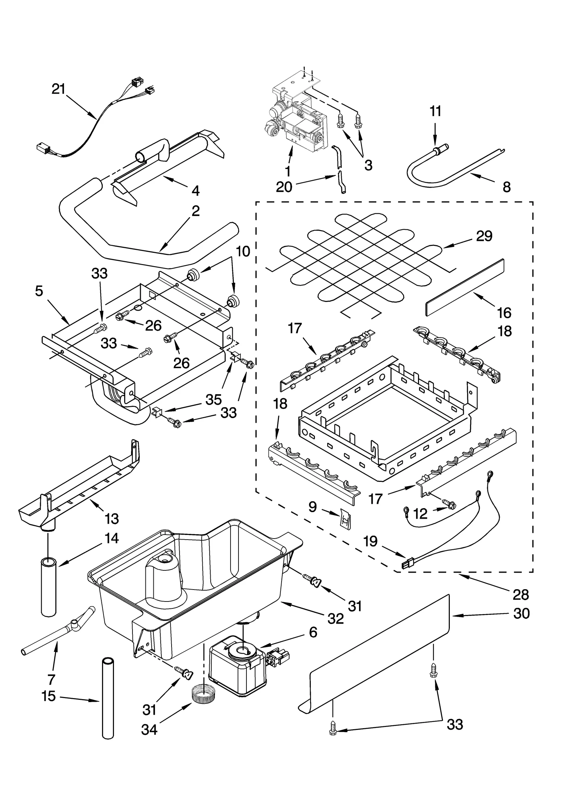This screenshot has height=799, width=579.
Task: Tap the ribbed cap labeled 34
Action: (204, 693)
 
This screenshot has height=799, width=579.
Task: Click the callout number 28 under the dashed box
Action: (521, 594)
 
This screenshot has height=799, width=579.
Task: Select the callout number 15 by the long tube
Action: (48, 696)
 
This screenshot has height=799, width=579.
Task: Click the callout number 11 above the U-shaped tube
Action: (435, 111)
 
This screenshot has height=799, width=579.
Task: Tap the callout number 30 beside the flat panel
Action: (521, 613)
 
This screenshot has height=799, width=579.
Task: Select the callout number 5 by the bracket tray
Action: (39, 291)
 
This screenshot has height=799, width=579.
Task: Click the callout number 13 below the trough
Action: (111, 519)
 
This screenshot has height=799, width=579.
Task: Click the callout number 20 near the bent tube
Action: (284, 187)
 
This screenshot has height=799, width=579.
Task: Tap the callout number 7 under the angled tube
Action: (51, 680)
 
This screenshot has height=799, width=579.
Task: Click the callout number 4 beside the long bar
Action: (195, 191)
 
